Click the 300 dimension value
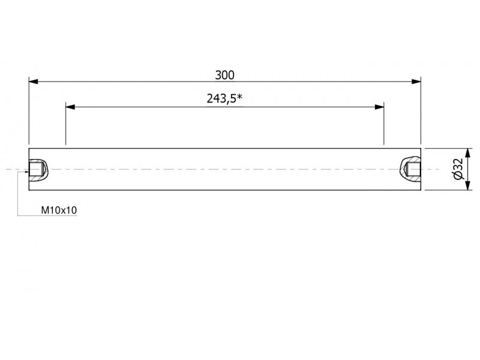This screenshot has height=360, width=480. pos(224,75)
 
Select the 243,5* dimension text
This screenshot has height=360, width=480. pos(224,98)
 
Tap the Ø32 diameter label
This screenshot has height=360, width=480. pos(458,169)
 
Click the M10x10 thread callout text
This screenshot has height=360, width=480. pos(59,211)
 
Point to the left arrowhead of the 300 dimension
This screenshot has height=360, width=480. pos(34,82)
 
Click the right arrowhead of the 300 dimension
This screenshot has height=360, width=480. pos(416,82)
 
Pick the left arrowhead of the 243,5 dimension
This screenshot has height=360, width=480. pos(70,107)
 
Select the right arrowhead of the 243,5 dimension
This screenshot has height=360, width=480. pos(379,107)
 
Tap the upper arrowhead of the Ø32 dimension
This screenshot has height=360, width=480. pos(467,153)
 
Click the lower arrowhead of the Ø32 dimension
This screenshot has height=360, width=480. pos(467,185)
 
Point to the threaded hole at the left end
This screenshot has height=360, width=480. pos(38,169)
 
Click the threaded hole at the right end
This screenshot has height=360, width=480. pos(411,169)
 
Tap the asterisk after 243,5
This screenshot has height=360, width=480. pos(239,97)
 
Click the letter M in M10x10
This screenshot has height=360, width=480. pos(44,211)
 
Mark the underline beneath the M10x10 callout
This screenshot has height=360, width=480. pos(47,216)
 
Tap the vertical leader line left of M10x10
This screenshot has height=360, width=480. pos(17,194)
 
